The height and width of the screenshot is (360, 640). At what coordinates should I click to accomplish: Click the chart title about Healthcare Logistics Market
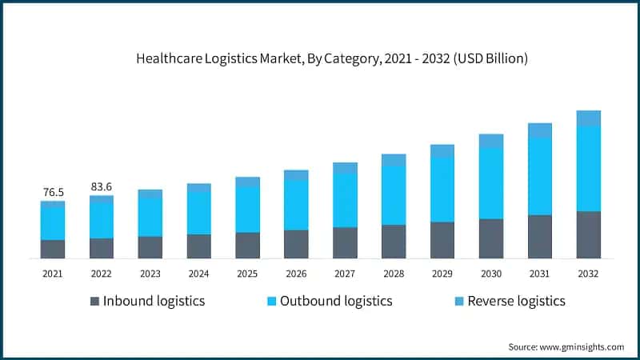pos(320,58)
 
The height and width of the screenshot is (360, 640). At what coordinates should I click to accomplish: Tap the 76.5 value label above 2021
pos(53,192)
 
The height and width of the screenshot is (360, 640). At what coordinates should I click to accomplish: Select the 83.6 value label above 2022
pos(102,186)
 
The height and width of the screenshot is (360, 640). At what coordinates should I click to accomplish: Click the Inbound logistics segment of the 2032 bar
pos(588,234)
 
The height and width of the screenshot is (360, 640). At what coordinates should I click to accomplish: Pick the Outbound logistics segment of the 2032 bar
pos(588,168)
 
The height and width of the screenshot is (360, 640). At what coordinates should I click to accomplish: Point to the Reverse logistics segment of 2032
pos(588,118)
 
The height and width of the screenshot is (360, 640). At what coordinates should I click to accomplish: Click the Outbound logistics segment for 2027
pos(345,200)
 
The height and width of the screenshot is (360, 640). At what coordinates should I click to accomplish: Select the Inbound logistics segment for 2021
pos(53,249)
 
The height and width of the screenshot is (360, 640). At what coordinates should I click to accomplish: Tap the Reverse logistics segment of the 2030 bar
pos(491,141)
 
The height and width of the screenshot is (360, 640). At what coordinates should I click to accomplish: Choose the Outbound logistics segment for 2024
pos(199,213)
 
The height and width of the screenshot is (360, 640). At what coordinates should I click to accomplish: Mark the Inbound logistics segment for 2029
pos(442,240)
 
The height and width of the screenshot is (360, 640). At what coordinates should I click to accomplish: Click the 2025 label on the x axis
pos(247,274)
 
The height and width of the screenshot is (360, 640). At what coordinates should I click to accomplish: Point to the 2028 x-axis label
pos(394,274)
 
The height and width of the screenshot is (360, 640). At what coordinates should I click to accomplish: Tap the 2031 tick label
pos(540,274)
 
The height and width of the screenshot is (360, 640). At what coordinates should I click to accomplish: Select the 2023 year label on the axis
pos(150,274)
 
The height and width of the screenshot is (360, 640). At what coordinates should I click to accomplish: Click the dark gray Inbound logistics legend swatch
pos(95,302)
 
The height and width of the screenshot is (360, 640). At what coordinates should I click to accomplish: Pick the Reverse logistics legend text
pos(516,302)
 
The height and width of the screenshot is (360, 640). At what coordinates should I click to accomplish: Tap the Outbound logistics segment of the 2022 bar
pos(102,220)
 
